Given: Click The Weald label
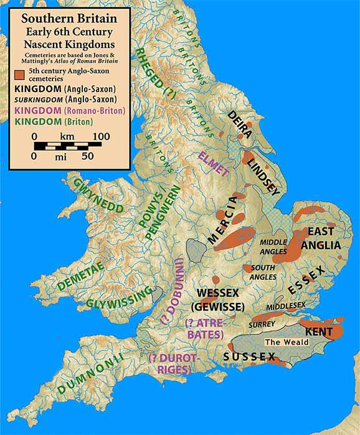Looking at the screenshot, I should pyautogui.click(x=282, y=342).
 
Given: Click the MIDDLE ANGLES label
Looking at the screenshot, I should pyautogui.click(x=273, y=246).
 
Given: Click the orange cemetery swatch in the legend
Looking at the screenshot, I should pyautogui.click(x=19, y=75).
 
